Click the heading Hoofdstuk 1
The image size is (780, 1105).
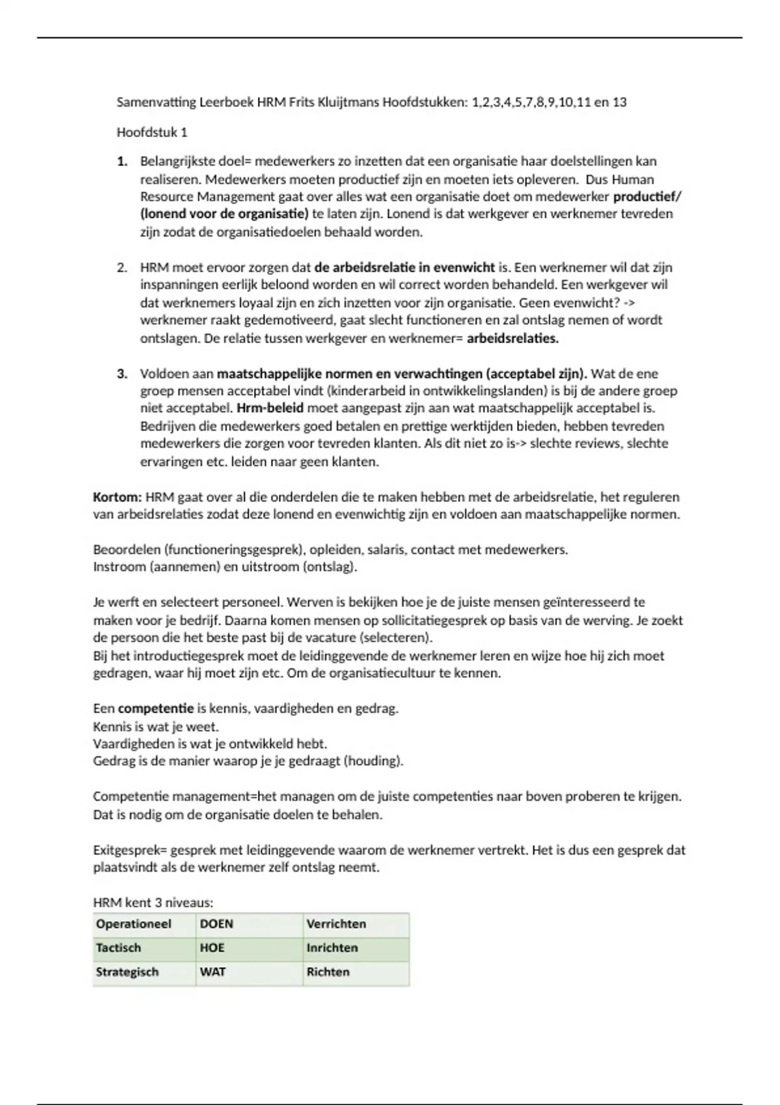point(151,133)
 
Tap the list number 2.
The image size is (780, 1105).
point(122,267)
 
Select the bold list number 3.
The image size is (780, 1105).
point(122,374)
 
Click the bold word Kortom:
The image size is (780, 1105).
point(117,497)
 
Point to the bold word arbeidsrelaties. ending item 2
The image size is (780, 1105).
point(512,339)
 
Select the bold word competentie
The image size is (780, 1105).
point(155,708)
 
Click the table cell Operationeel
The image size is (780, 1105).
point(133,924)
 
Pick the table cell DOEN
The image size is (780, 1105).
point(216,924)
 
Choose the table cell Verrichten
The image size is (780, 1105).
point(336,924)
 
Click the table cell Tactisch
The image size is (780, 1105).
point(118,948)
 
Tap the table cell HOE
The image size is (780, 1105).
point(212,948)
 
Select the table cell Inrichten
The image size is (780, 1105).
point(332,948)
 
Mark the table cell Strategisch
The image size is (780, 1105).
point(127,972)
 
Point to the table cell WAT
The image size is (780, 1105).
point(213,972)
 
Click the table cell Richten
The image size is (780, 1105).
point(328,972)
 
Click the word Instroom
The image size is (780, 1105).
point(119,567)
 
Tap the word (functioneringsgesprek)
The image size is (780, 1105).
point(235,550)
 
